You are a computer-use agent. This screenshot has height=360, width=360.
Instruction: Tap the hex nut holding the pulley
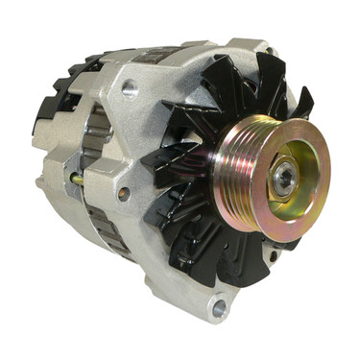point(285,177)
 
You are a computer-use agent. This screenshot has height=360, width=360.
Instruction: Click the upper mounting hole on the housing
point(129,89)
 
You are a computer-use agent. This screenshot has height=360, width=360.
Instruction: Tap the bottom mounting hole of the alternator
point(220,308)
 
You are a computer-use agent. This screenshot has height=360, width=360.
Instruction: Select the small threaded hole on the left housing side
point(122,192)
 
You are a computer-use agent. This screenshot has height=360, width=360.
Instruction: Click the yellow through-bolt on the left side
point(77,179)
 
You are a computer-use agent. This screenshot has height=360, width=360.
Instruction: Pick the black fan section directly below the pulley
point(230,254)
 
